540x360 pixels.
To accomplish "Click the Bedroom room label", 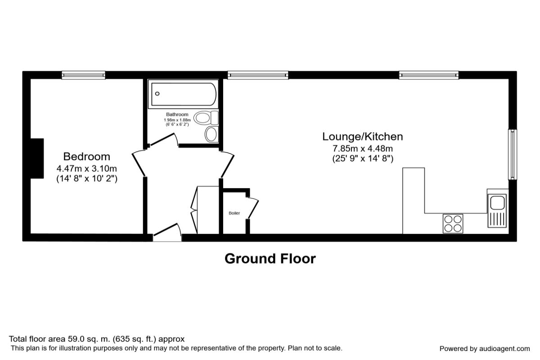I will [86, 157].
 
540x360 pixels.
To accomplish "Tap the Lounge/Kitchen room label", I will [362, 136].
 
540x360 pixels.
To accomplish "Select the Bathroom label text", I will [177, 115].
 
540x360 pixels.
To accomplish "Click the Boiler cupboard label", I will [234, 213].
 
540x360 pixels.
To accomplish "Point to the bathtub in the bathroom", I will [184, 94].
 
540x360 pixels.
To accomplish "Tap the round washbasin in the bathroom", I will [211, 134].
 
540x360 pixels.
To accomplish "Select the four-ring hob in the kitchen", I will [453, 223].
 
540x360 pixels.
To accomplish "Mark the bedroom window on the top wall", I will [83, 75].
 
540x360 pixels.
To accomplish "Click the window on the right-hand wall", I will [512, 154].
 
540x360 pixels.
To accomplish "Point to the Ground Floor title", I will [270, 259].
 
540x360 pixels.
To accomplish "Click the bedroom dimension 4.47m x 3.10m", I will [86, 169].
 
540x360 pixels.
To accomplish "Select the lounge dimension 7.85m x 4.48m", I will [362, 148].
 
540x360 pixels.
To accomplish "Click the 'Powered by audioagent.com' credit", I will [484, 349].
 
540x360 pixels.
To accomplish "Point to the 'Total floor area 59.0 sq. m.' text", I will [97, 339].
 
